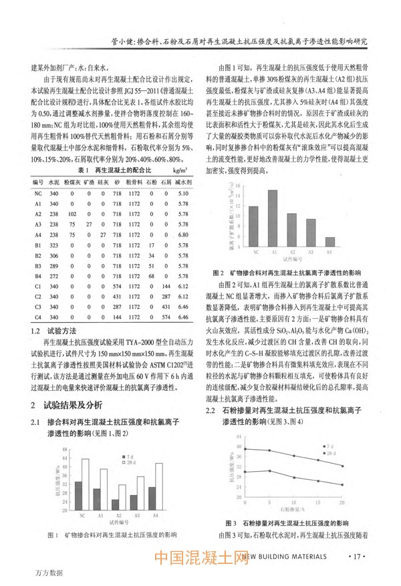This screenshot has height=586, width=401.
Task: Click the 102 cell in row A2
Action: (x=72, y=214)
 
